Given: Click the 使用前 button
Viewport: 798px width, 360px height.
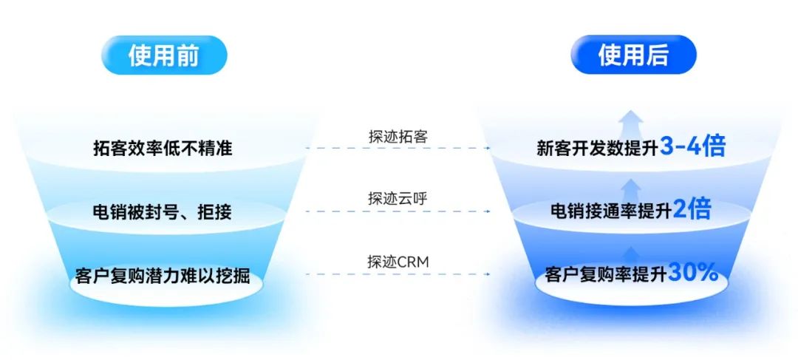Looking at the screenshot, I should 164,55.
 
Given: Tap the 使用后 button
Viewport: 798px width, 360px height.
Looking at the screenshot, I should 633,55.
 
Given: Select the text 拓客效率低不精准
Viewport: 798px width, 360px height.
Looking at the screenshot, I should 163,148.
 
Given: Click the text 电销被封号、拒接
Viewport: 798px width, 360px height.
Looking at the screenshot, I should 163,213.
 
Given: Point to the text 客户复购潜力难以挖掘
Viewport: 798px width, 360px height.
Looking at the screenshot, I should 163,277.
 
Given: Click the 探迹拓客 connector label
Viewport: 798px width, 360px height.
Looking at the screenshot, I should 398,136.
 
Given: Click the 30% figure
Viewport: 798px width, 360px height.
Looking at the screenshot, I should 693,273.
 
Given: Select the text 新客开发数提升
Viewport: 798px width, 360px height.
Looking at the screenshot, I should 598,148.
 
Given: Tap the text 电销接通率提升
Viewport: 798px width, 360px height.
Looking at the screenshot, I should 611,211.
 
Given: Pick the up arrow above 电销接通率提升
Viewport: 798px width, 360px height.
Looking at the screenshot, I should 632,186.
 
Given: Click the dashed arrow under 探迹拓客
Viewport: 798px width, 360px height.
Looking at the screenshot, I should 398,148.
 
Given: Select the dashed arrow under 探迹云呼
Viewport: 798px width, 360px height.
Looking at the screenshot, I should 398,211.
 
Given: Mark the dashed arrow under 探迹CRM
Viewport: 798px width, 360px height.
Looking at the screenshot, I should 398,274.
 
